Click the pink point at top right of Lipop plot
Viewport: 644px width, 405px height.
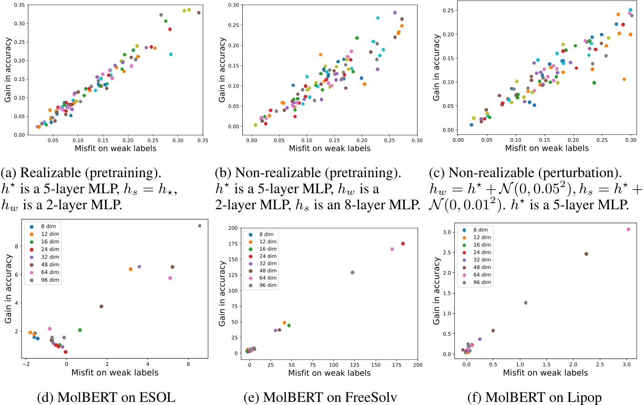[628, 229]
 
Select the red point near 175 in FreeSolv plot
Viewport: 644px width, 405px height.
[403, 244]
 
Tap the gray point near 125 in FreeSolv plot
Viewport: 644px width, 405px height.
[352, 272]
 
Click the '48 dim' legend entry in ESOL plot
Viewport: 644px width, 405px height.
[50, 265]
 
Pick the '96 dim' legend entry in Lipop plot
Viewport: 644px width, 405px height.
[482, 282]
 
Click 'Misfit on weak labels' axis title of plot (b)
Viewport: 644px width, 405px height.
[330, 148]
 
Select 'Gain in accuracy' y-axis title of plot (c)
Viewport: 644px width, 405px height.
[436, 68]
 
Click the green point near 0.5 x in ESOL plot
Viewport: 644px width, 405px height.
[80, 330]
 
